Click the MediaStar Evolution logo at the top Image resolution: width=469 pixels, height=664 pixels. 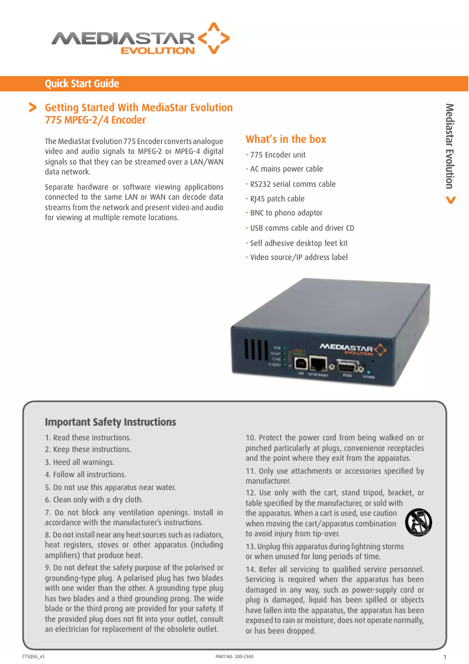point(140,40)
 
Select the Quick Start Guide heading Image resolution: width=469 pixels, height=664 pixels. point(82,84)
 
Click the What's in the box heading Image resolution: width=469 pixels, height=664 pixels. point(286,139)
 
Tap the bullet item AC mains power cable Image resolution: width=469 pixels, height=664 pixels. point(286,169)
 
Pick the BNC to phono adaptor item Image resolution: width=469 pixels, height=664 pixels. point(286,213)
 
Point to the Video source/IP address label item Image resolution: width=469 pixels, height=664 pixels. point(298,258)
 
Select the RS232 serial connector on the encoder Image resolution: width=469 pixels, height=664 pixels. point(347,365)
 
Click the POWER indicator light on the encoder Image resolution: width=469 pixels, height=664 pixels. point(368,371)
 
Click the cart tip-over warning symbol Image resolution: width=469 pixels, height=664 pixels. point(418,522)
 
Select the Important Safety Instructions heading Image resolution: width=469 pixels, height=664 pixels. point(111,422)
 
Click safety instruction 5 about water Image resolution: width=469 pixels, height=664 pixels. point(111,487)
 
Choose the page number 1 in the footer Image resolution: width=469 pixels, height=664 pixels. point(446,657)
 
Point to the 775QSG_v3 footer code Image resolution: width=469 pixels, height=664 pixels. point(33,656)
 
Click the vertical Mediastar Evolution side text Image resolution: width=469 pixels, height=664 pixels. point(449,146)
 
